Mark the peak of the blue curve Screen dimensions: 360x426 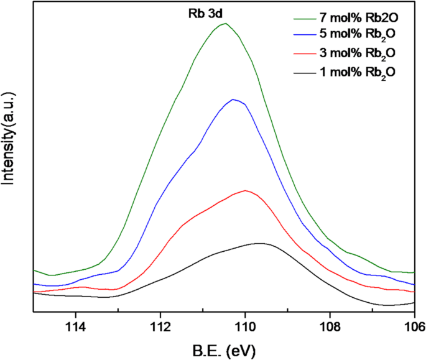click(233, 99)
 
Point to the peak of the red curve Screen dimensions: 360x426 click(246, 190)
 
